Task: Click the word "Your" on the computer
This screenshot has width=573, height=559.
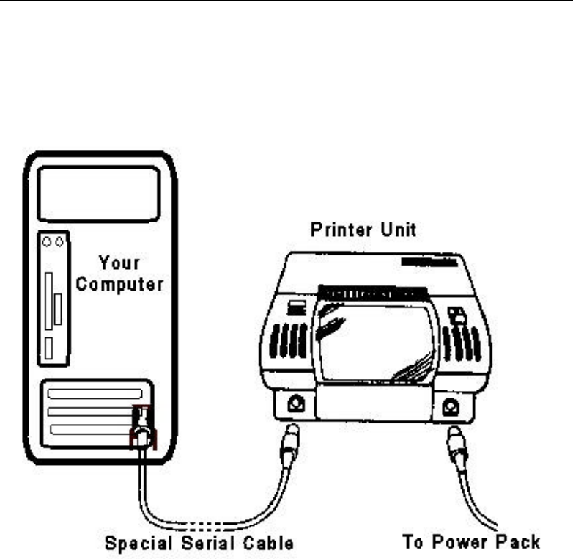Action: (x=120, y=261)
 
